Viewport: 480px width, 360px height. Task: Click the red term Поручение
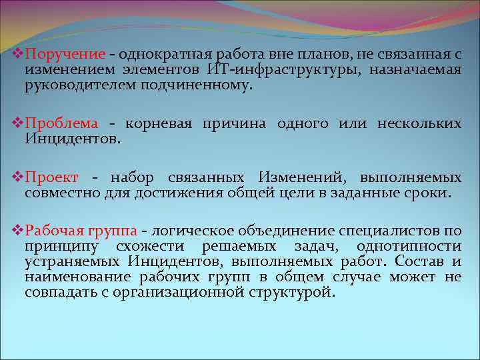tap(65, 54)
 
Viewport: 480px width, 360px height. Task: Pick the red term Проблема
tap(61, 124)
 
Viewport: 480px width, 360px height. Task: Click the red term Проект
tap(51, 178)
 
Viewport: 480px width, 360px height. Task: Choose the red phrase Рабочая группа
tap(81, 231)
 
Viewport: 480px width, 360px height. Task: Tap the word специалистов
tap(394, 231)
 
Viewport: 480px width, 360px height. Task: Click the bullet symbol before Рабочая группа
tap(17, 231)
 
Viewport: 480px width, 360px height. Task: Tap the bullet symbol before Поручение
tap(17, 54)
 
